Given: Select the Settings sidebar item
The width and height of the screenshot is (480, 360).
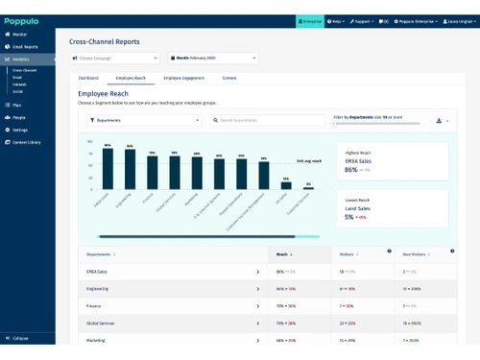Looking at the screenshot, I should pyautogui.click(x=20, y=130).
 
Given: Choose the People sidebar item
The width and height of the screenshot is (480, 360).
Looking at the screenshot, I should pyautogui.click(x=19, y=117).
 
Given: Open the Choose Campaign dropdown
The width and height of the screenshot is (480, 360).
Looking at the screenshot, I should pyautogui.click(x=115, y=58).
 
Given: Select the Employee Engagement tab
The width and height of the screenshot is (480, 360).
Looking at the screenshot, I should pyautogui.click(x=185, y=77).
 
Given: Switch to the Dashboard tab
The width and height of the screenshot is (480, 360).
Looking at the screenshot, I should pyautogui.click(x=88, y=77).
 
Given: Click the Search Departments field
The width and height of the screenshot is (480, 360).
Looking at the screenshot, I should pyautogui.click(x=269, y=120).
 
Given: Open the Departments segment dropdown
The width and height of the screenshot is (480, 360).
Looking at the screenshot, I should pyautogui.click(x=143, y=120).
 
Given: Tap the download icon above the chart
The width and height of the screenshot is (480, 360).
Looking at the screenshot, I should pyautogui.click(x=439, y=121).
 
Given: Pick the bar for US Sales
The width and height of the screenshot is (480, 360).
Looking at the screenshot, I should pyautogui.click(x=285, y=185).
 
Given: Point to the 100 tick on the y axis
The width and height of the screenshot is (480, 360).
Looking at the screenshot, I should pyautogui.click(x=90, y=141).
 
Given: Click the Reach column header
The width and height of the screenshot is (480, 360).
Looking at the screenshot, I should pyautogui.click(x=283, y=254).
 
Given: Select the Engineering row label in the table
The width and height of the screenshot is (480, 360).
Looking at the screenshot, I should pyautogui.click(x=97, y=287).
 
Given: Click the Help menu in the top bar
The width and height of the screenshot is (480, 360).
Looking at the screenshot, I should pyautogui.click(x=335, y=20).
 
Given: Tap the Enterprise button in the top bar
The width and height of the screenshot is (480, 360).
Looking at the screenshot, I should pyautogui.click(x=309, y=20).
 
